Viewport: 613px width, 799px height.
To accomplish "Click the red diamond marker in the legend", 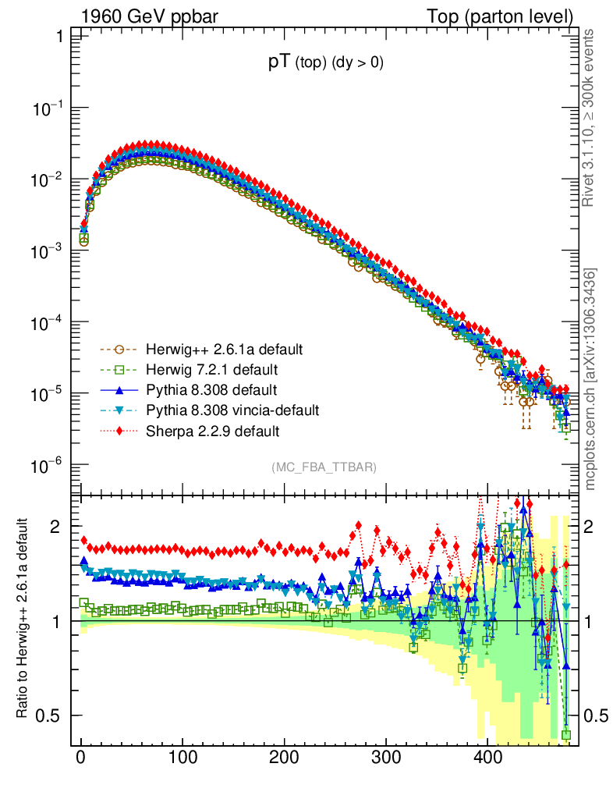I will tap(119, 430).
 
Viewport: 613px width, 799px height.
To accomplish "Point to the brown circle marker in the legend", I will tap(119, 349).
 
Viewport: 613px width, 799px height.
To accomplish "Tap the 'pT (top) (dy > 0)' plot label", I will tap(325, 64).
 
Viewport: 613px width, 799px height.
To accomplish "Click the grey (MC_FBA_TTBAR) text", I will tap(324, 467).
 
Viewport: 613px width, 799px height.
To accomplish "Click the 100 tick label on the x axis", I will tap(182, 758).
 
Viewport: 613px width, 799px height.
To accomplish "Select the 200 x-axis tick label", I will tap(283, 758).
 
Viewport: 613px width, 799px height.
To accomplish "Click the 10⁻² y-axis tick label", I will tap(48, 180).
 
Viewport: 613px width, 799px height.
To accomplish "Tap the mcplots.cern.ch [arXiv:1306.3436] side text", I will tap(590, 379).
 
